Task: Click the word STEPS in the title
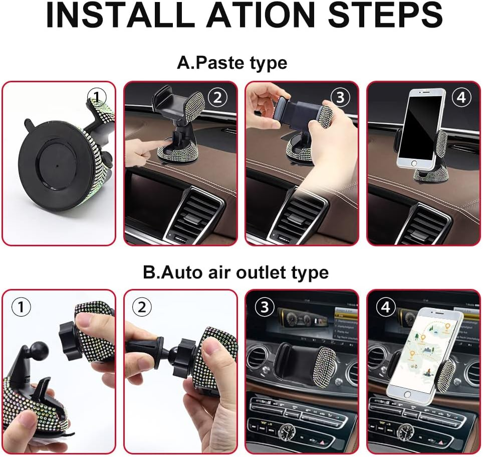(385, 15)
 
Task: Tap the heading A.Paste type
(232, 63)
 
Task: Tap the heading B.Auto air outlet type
(235, 272)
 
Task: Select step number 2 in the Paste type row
(217, 97)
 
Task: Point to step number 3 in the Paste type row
(340, 97)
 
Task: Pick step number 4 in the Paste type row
(461, 97)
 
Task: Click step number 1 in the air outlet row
(21, 307)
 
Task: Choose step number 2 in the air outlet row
(142, 307)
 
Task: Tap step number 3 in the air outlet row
(265, 307)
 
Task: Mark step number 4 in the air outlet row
(386, 307)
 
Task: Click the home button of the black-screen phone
(413, 163)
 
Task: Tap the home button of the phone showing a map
(407, 395)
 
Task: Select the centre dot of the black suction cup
(57, 165)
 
